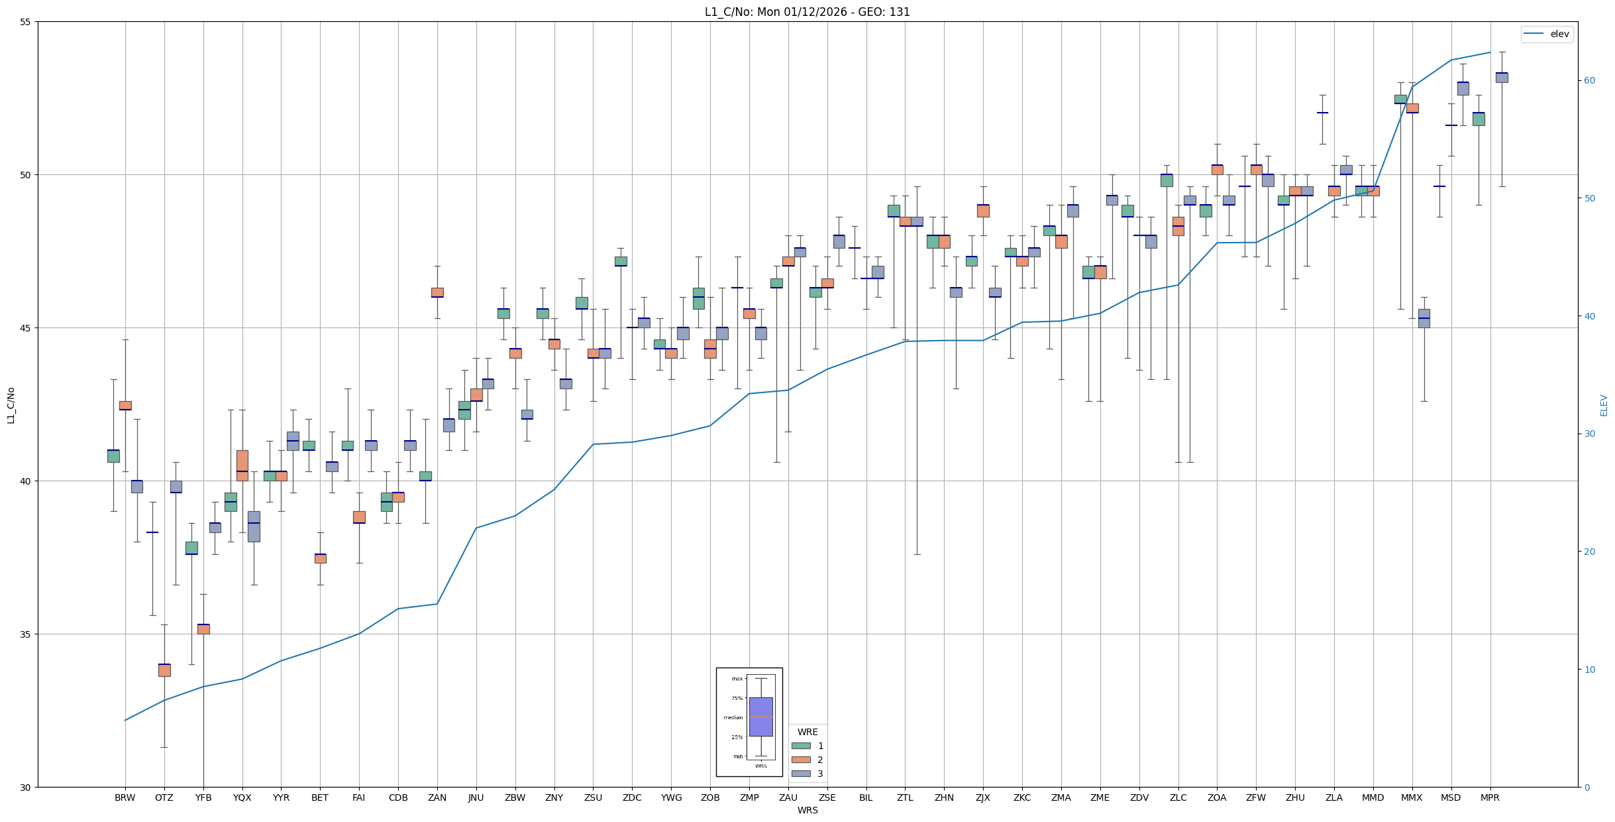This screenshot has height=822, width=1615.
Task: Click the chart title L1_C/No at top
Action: (x=807, y=12)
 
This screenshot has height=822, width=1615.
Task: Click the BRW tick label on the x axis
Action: (x=125, y=797)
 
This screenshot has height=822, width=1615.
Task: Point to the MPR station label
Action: (x=1490, y=797)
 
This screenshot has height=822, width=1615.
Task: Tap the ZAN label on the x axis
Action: (x=437, y=797)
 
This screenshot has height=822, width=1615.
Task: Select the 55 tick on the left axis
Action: (x=26, y=22)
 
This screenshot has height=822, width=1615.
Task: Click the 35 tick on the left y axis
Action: (x=26, y=634)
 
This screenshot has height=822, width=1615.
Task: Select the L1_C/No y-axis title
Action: (x=11, y=405)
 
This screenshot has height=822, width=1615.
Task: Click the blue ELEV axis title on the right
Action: (x=1604, y=405)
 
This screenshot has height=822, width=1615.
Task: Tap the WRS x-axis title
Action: (x=807, y=810)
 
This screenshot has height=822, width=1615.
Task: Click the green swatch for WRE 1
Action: (x=801, y=746)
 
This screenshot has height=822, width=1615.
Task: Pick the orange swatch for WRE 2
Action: (x=801, y=760)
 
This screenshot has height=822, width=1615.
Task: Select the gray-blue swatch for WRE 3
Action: (x=801, y=774)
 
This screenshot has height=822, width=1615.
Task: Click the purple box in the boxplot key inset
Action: (x=760, y=717)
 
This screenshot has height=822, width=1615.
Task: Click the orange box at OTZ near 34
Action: (x=164, y=670)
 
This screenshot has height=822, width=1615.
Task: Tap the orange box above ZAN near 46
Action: (x=437, y=292)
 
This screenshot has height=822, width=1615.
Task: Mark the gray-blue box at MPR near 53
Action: (x=1502, y=78)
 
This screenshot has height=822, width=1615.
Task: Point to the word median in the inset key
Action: (x=733, y=717)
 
